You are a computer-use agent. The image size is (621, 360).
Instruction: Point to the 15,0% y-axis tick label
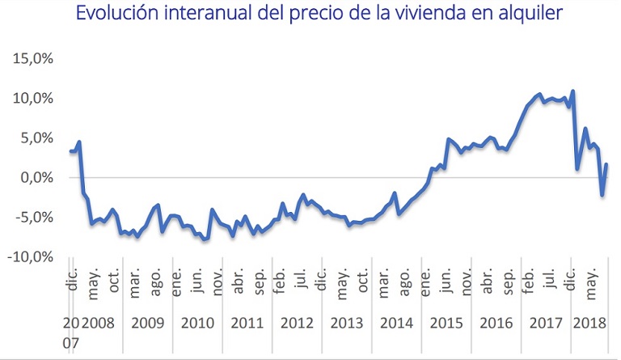(33, 58)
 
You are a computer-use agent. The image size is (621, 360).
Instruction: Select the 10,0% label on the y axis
(33, 98)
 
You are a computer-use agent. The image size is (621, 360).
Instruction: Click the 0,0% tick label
(37, 177)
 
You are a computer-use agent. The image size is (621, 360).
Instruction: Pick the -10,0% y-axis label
(31, 257)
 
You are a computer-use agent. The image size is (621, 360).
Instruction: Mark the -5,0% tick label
(35, 218)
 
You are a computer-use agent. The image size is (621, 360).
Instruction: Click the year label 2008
(98, 323)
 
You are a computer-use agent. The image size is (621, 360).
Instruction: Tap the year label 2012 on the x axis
(297, 323)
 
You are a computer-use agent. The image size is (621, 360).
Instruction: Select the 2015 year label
(446, 323)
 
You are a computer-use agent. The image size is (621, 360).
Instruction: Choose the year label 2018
(589, 323)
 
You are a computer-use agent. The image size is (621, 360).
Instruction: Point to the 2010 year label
(197, 323)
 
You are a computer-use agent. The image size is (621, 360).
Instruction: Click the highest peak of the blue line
(572, 91)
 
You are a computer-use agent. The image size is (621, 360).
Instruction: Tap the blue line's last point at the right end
(606, 164)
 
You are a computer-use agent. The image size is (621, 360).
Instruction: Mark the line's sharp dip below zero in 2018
(602, 195)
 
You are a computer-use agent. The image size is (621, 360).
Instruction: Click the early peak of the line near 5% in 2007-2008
(79, 142)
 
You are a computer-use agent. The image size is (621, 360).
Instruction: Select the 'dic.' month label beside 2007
(74, 280)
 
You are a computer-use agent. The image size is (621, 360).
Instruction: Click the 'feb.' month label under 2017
(529, 282)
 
